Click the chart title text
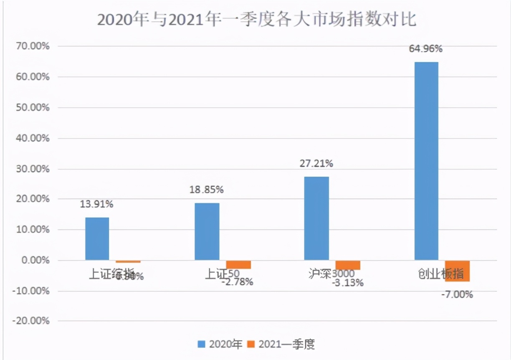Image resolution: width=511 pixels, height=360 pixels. [x=256, y=20]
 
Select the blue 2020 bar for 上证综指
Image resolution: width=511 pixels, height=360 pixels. [x=97, y=238]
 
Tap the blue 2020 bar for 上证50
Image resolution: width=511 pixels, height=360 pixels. [x=207, y=231]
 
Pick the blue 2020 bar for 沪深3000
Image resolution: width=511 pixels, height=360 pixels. [x=316, y=218]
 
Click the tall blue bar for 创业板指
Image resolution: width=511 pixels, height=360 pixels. [x=426, y=161]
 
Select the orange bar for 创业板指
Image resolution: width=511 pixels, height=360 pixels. [x=457, y=271]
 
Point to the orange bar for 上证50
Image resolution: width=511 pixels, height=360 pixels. [x=238, y=264]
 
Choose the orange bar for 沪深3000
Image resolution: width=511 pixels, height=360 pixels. [x=348, y=265]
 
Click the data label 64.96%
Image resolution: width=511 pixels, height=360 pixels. [x=425, y=49]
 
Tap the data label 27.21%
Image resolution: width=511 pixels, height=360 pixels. [x=316, y=163]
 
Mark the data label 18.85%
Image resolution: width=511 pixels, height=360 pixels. [x=207, y=190]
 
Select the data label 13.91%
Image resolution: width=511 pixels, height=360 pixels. [x=96, y=204]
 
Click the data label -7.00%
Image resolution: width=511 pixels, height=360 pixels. [x=457, y=295]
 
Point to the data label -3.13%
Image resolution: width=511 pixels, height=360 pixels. [x=347, y=283]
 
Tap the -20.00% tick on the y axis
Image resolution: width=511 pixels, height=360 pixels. [x=32, y=321]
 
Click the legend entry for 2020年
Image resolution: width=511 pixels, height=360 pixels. [x=220, y=344]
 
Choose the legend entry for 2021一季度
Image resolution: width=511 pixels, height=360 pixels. [x=281, y=344]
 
